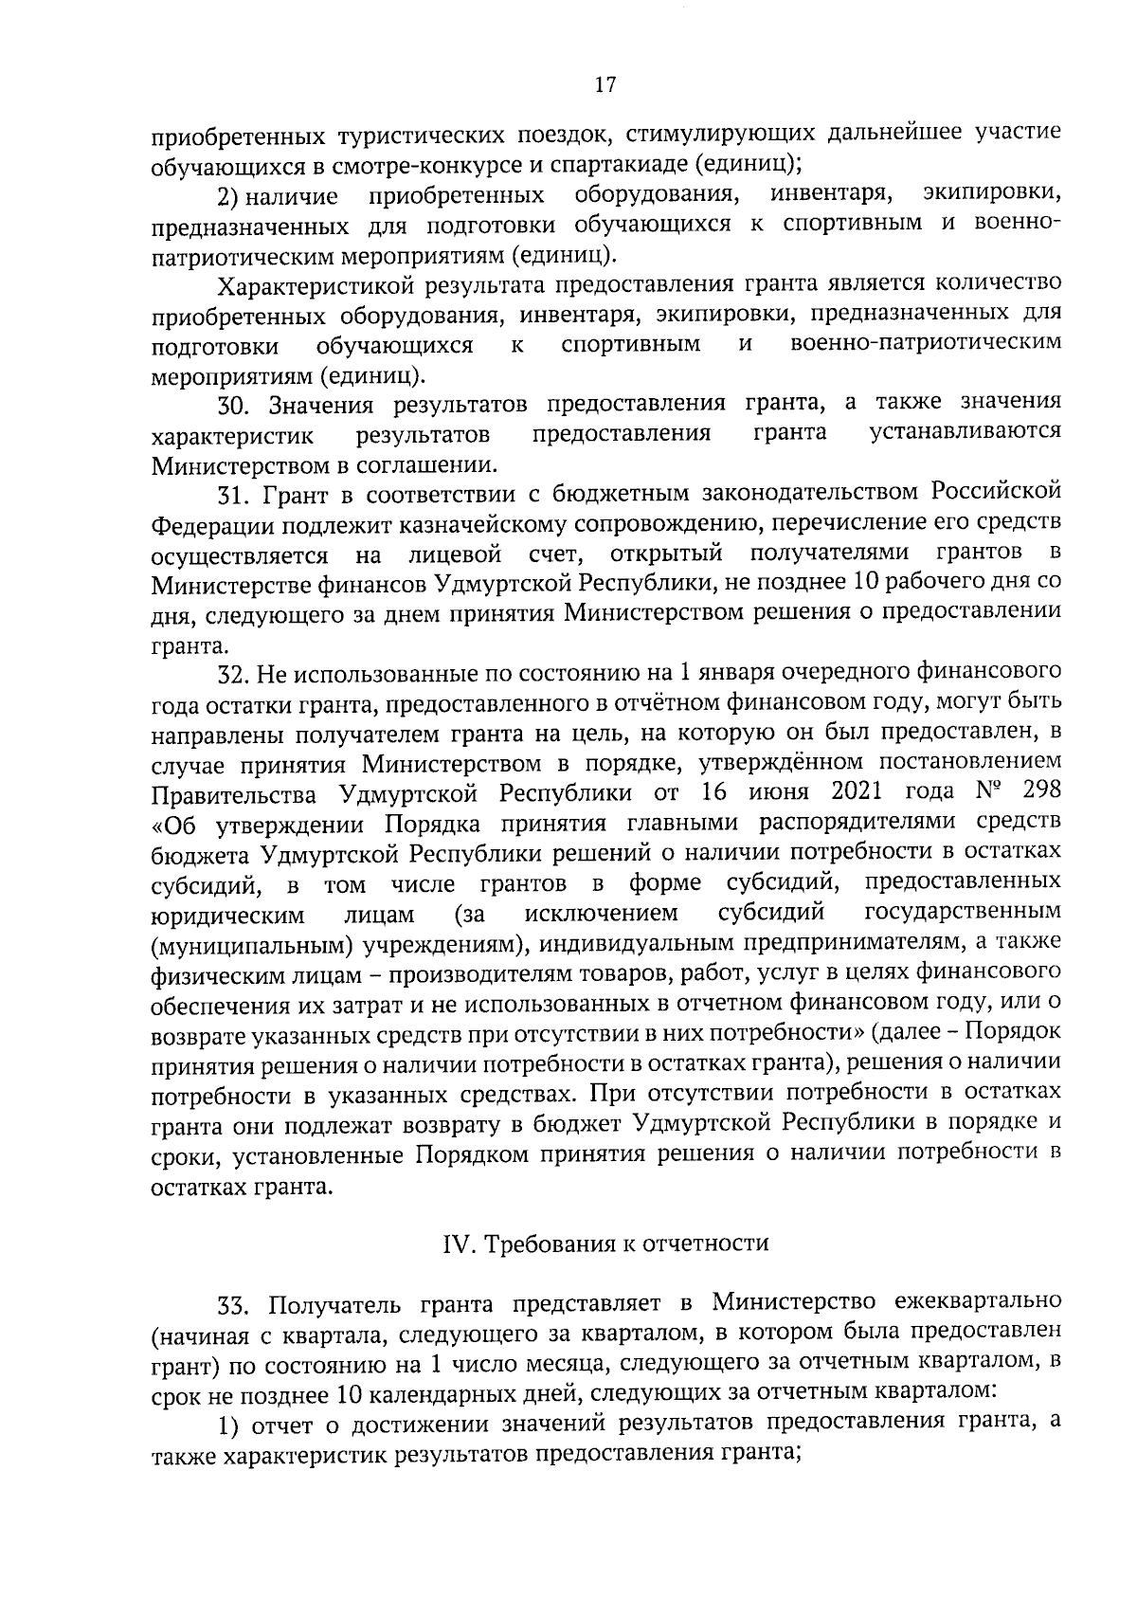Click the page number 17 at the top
pos(605,85)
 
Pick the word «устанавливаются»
pos(965,433)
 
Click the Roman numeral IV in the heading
pos(459,1244)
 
